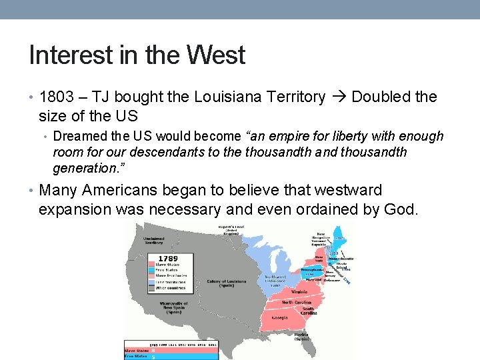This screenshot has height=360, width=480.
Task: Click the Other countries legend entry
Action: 169,287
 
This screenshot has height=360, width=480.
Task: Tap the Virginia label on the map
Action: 299,291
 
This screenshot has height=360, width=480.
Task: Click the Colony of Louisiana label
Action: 227,283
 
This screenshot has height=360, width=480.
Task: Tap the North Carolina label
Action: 296,303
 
